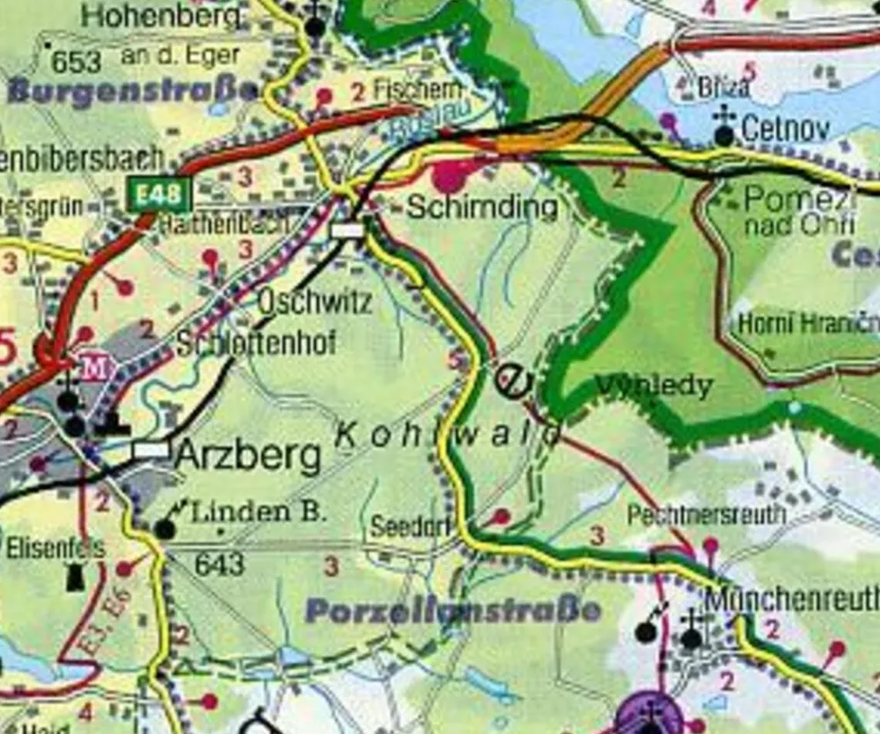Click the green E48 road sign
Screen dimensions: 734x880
tap(159, 195)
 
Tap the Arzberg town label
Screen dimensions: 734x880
tap(247, 457)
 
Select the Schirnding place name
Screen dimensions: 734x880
tap(481, 208)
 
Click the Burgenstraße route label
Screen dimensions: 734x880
tap(132, 92)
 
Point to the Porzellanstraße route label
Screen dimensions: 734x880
tap(453, 611)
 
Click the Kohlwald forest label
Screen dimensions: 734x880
tap(449, 433)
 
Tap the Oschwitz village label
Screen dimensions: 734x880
tap(314, 302)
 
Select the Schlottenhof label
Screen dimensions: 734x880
tap(256, 343)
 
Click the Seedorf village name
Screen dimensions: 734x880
tap(411, 527)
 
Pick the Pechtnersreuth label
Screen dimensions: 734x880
tap(706, 514)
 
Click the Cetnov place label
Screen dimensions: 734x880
tap(785, 130)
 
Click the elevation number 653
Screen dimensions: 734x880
tap(76, 62)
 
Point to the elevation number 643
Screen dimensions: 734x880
tap(219, 563)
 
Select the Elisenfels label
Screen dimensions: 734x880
tap(55, 548)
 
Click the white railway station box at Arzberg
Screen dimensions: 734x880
tap(150, 450)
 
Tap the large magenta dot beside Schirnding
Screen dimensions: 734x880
tap(451, 176)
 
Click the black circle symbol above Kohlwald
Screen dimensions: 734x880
tap(513, 380)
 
